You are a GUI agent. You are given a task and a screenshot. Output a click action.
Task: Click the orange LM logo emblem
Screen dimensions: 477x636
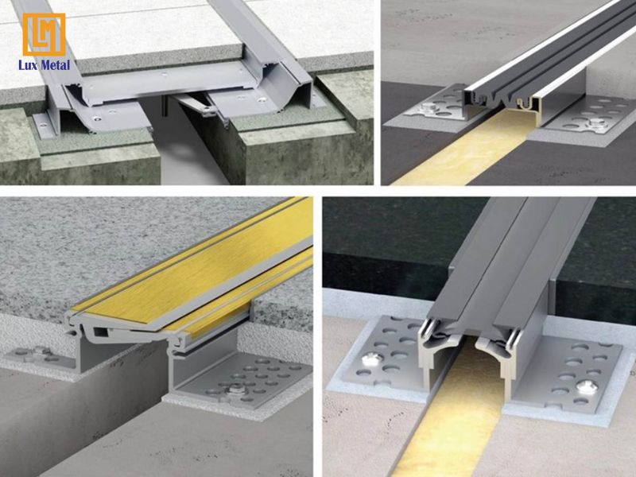(x=44, y=34)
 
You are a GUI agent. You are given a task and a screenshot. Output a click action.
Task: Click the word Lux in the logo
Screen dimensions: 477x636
(x=32, y=65)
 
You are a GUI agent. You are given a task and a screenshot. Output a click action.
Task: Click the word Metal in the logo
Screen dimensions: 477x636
(x=58, y=65)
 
